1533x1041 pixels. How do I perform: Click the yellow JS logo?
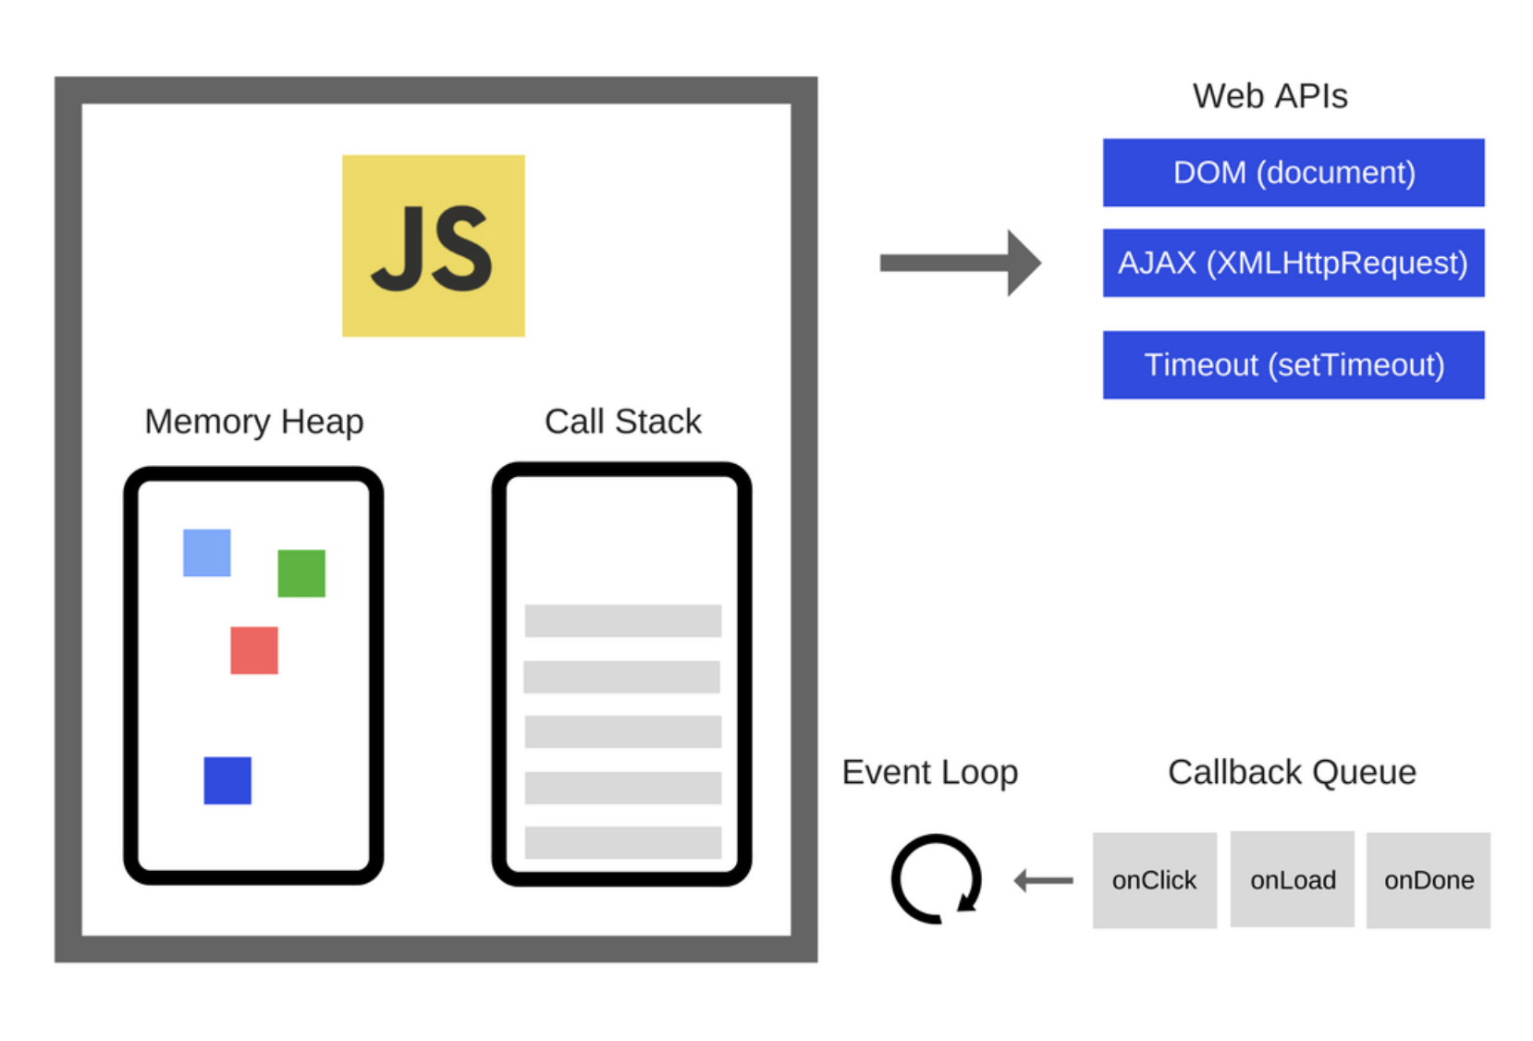[433, 245]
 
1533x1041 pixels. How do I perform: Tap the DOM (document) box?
[1293, 173]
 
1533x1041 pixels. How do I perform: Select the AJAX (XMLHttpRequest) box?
[1293, 263]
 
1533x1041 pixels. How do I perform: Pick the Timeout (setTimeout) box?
[1293, 365]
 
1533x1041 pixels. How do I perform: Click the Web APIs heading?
[1269, 96]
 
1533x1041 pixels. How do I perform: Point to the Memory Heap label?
[254, 422]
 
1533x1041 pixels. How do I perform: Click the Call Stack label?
[622, 422]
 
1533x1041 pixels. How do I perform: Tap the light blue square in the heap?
[207, 553]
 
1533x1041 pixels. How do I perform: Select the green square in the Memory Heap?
[301, 573]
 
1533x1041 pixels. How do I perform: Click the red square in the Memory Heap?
[254, 650]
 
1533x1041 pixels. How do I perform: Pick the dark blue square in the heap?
[227, 780]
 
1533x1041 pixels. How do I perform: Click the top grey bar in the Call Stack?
[622, 620]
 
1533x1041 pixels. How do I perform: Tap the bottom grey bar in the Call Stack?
[622, 842]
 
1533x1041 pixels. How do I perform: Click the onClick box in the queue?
[1154, 880]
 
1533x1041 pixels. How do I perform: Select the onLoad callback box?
[1292, 880]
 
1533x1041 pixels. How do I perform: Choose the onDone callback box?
[1429, 880]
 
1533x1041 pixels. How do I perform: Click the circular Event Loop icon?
[936, 879]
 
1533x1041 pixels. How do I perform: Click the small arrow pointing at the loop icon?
[1044, 880]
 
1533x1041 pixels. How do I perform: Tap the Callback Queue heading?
[1292, 772]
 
